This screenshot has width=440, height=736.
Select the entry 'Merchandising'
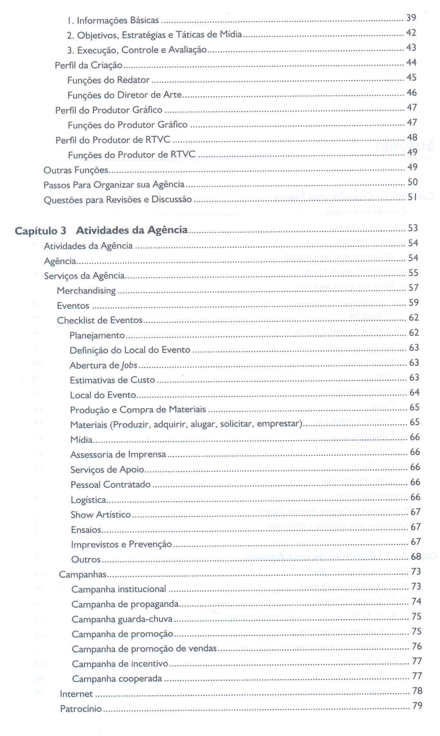click(x=86, y=290)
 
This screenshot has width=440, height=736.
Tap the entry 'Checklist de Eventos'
click(x=100, y=320)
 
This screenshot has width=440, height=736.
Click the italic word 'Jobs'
click(x=129, y=365)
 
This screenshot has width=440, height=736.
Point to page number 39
click(x=411, y=18)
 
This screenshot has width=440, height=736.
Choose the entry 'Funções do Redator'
click(x=108, y=80)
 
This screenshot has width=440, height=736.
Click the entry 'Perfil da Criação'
click(x=88, y=65)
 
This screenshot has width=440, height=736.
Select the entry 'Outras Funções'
click(x=76, y=170)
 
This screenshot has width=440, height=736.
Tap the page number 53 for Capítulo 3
click(x=413, y=228)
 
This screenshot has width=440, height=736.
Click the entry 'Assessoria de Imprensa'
click(x=118, y=455)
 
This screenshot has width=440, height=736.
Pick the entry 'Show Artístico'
click(x=101, y=515)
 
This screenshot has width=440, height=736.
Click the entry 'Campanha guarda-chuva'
click(x=122, y=619)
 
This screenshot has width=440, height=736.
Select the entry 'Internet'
click(x=76, y=694)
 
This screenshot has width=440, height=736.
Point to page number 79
click(x=417, y=706)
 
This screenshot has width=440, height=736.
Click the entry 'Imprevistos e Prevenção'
click(x=121, y=544)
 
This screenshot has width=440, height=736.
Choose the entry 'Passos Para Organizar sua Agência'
click(x=114, y=185)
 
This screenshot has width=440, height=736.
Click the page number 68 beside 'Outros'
click(x=416, y=556)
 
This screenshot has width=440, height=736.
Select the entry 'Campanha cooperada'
click(x=117, y=679)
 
